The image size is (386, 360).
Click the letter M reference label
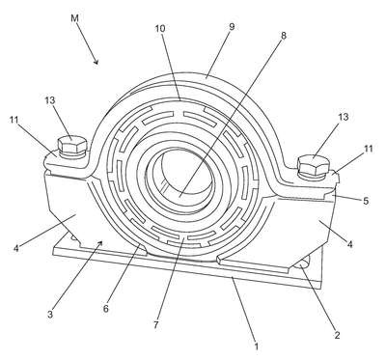74,18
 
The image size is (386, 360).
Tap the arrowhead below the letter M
96,61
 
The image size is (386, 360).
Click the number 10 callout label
160,29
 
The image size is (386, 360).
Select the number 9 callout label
232,27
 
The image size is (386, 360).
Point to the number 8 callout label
283,36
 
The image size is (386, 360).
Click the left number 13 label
50,100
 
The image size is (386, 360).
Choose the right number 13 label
344,117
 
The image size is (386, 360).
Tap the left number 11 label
14,120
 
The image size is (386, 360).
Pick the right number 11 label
369,149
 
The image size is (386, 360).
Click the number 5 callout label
366,201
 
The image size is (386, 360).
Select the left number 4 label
16,248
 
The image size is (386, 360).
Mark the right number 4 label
350,244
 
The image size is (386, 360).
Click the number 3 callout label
50,314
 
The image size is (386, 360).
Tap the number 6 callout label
106,309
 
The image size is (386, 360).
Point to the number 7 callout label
155,325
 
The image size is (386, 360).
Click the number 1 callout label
257,346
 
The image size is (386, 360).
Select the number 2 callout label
337,335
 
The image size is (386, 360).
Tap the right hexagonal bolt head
314,165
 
